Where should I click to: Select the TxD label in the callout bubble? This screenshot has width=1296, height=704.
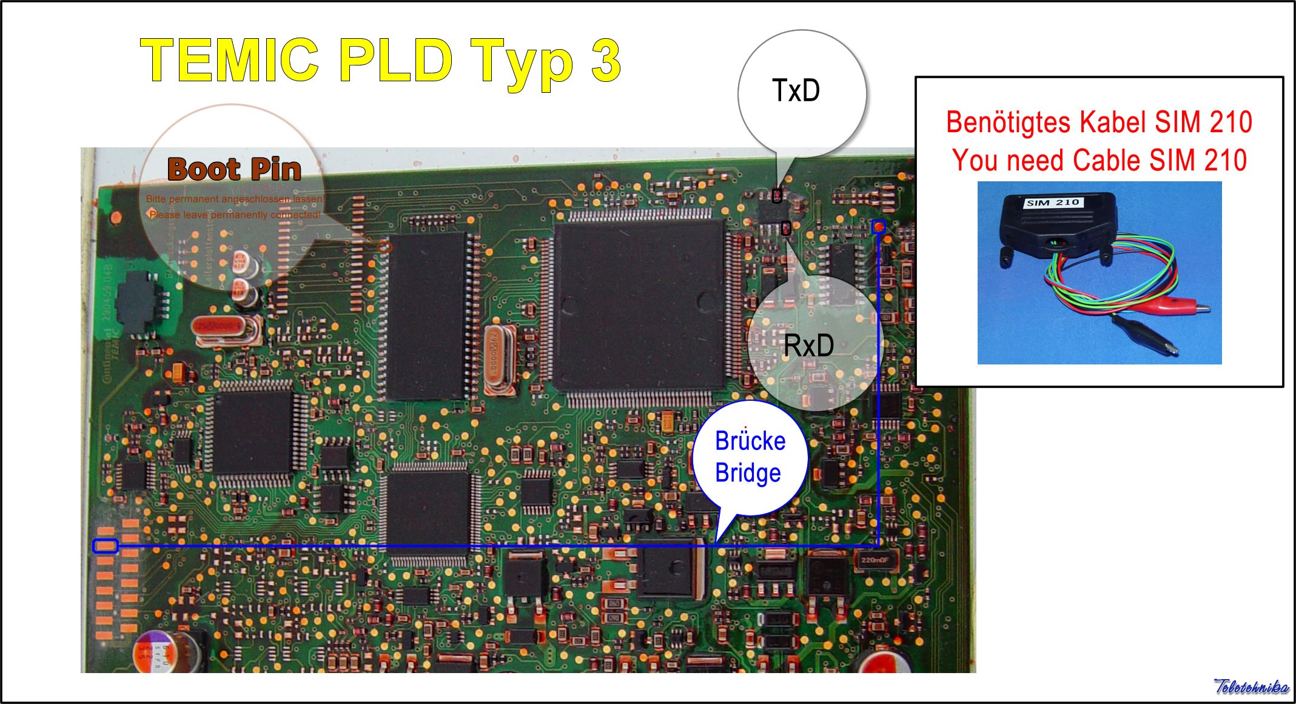point(796,91)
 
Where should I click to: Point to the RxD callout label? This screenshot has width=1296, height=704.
point(808,346)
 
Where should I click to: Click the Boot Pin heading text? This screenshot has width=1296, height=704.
point(234,169)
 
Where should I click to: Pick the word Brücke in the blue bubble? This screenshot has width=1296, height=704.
point(750,441)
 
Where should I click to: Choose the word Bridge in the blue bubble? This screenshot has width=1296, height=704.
point(748,473)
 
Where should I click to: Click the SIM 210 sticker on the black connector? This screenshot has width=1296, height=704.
point(1052,203)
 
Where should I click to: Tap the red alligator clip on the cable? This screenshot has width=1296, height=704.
point(1183,306)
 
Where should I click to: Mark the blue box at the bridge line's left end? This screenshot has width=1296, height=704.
point(105,546)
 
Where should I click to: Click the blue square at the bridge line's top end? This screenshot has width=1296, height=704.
point(878,227)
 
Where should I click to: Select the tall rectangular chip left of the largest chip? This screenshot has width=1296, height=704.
point(426,315)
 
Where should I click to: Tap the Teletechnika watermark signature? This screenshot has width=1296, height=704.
point(1251,687)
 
